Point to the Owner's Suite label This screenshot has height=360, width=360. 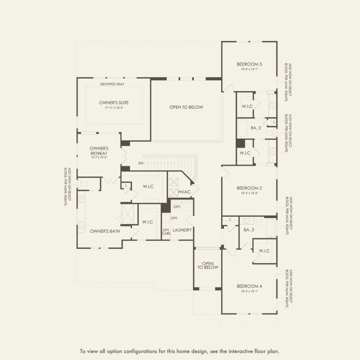(114, 102)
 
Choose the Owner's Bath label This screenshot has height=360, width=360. (105, 231)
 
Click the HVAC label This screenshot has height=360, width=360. (184, 191)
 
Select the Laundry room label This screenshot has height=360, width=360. (182, 230)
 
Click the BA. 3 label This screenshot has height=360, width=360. (249, 230)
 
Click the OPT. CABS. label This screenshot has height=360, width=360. (166, 232)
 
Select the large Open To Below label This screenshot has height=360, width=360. (186, 107)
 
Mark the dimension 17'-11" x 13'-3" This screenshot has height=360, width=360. (114, 108)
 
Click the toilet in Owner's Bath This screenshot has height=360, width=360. (84, 185)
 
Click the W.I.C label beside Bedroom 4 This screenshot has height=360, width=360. (264, 251)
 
